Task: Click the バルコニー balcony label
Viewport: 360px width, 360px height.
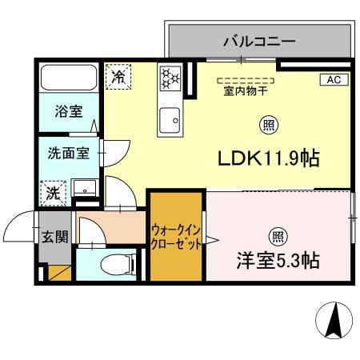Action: coord(259,40)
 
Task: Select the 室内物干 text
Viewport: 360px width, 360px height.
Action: coord(246,92)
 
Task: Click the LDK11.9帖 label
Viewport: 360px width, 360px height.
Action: coord(270,158)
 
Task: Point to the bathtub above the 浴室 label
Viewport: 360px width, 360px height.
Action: coord(68,78)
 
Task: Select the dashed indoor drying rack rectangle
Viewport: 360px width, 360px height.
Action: coord(246,80)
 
